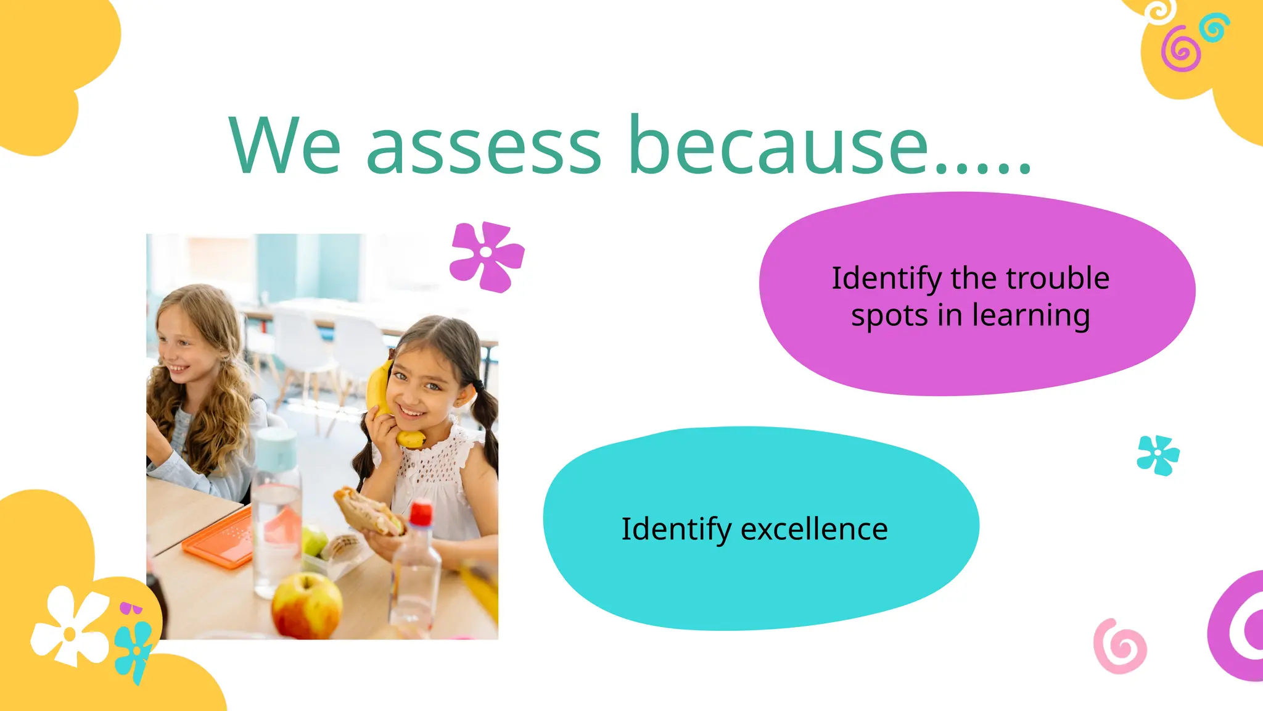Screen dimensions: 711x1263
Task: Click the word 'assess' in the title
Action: [483, 148]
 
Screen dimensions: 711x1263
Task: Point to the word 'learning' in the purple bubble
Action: [1031, 316]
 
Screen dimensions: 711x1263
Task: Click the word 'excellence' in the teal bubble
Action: [814, 529]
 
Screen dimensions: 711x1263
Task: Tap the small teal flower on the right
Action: [1158, 455]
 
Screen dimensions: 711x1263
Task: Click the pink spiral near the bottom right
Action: [1120, 646]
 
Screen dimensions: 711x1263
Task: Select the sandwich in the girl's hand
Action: [369, 511]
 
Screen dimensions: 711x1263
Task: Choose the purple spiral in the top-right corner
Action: [1180, 49]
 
